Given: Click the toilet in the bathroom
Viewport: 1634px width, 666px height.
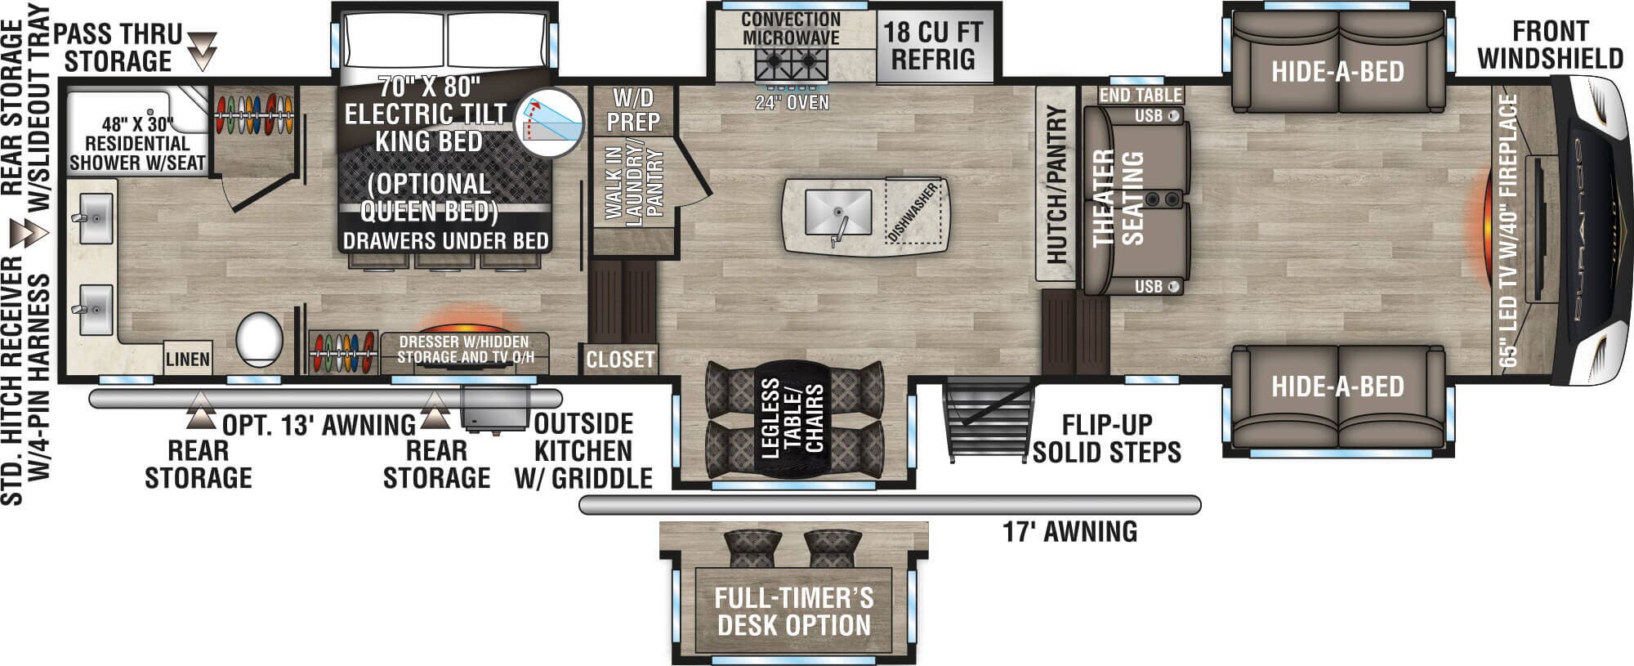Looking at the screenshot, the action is tap(260, 340).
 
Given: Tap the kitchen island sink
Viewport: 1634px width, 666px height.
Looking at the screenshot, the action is tap(837, 211).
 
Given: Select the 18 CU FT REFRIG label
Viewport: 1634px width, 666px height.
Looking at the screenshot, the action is tap(933, 46).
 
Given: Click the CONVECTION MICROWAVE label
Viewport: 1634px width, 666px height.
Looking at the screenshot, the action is tap(790, 29).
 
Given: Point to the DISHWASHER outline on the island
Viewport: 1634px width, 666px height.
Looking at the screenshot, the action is tap(913, 212).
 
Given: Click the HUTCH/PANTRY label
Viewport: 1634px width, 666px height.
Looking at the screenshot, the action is tap(1056, 185).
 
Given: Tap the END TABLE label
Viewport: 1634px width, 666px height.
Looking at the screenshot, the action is tap(1140, 95).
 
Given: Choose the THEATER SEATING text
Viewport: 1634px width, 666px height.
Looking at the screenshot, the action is tap(1118, 198).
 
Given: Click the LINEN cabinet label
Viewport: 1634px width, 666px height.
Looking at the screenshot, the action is tap(188, 360).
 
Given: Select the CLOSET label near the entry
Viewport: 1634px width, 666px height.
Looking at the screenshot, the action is tap(620, 360).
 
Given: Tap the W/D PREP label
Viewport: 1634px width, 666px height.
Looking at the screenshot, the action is tap(633, 110).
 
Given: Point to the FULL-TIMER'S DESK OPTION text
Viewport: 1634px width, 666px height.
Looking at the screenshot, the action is tap(794, 612).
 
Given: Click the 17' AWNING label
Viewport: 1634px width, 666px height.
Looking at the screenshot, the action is tap(1070, 532).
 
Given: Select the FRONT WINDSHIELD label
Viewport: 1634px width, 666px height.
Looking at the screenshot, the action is tap(1550, 45).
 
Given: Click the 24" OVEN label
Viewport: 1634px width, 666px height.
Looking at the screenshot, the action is tap(792, 103).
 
